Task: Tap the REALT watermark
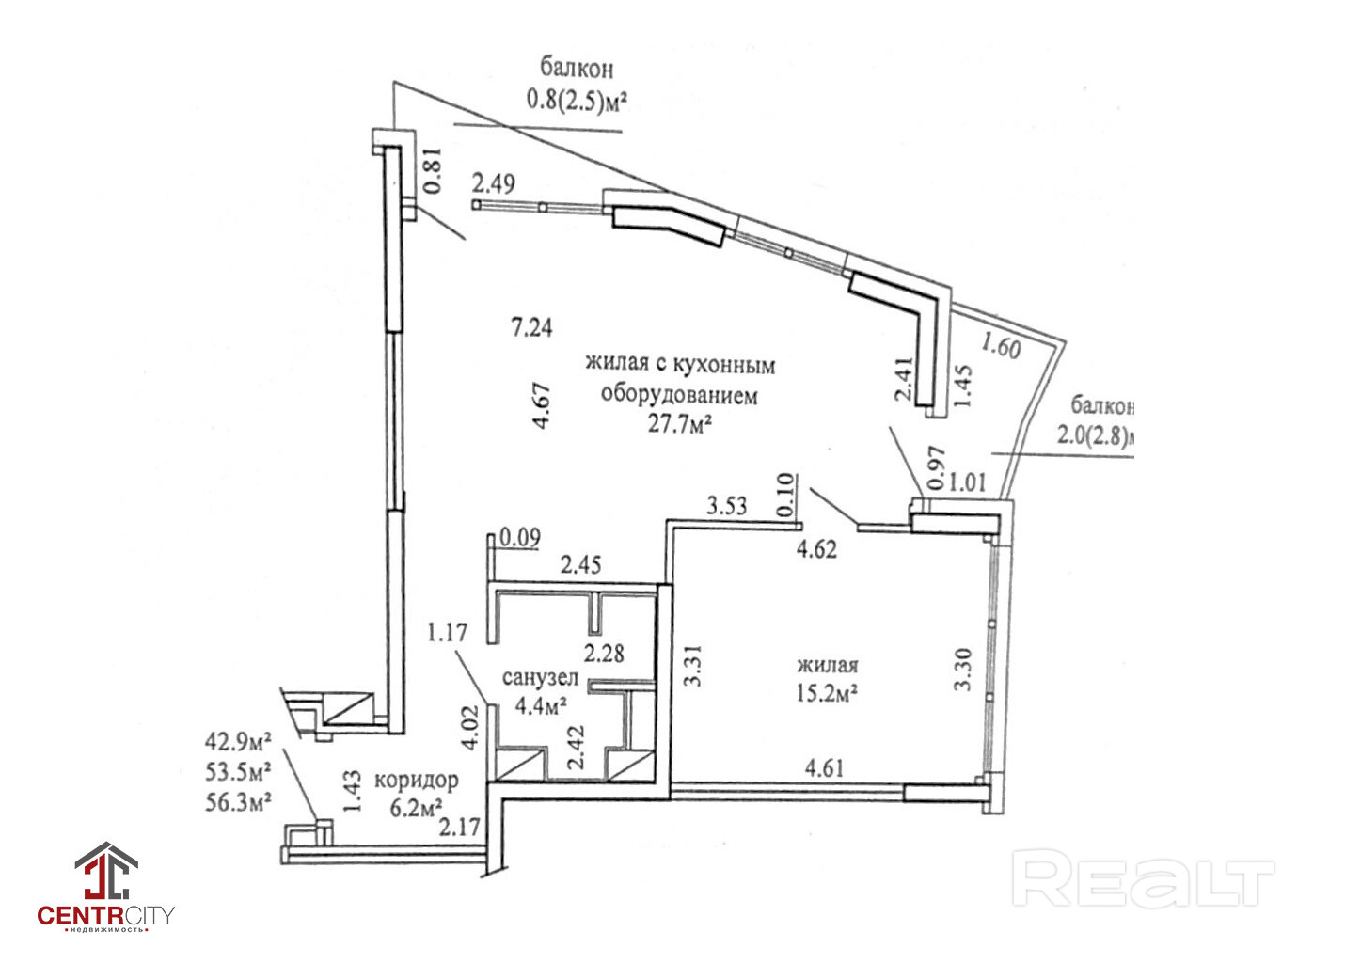(x=1142, y=878)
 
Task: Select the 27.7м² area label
(x=679, y=424)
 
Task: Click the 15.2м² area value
(x=828, y=693)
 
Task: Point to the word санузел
(x=540, y=678)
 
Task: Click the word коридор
(x=416, y=780)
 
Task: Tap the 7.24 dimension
(x=531, y=327)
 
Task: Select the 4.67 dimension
(x=542, y=405)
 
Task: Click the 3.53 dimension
(x=726, y=506)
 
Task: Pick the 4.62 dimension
(x=816, y=548)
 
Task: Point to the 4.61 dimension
(x=824, y=767)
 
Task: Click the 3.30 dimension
(x=962, y=669)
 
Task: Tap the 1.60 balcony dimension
(x=1000, y=345)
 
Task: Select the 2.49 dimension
(x=494, y=182)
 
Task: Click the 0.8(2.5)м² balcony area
(x=577, y=100)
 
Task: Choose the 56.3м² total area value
(x=239, y=802)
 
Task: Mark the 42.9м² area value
(x=239, y=741)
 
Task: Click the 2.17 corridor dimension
(x=460, y=828)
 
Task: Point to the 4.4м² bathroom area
(x=541, y=704)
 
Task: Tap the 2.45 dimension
(x=580, y=565)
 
